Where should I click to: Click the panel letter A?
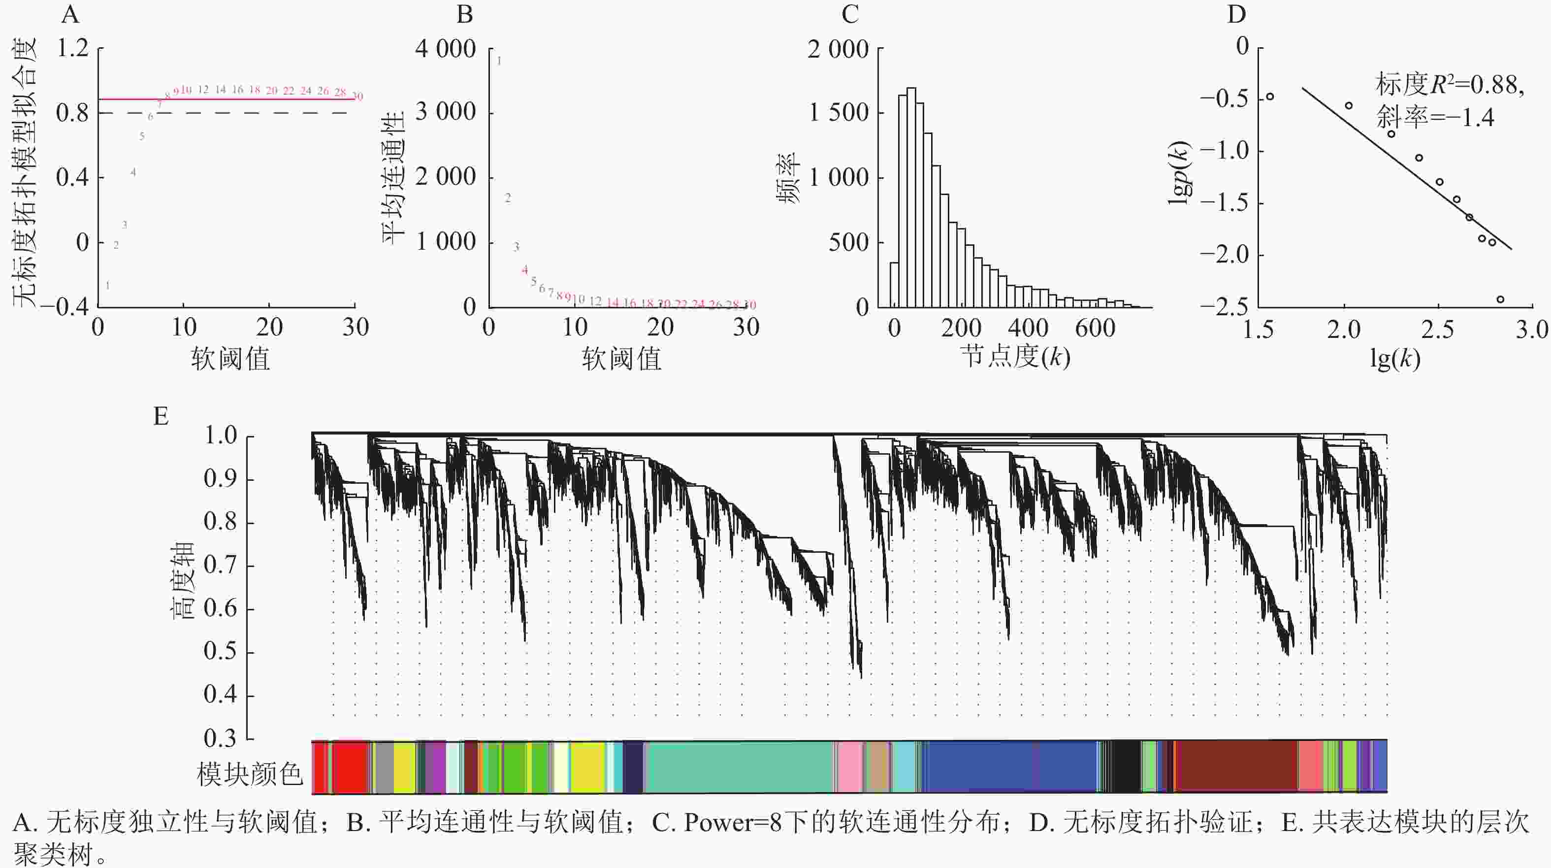pos(70,14)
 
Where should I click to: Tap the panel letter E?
pos(160,416)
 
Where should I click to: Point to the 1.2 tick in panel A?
pos(72,48)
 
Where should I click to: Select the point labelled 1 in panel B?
pos(499,61)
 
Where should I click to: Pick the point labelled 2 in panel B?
pos(508,198)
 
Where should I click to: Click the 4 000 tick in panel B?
pos(446,49)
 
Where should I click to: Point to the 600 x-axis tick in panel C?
pos(1095,328)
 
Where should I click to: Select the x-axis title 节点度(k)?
pos(1015,357)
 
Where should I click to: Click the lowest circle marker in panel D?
pos(1500,300)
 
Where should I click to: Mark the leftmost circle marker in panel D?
pos(1270,97)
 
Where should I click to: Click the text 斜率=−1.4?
pos(1435,117)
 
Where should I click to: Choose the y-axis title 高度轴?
pos(182,580)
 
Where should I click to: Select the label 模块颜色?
pos(249,773)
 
